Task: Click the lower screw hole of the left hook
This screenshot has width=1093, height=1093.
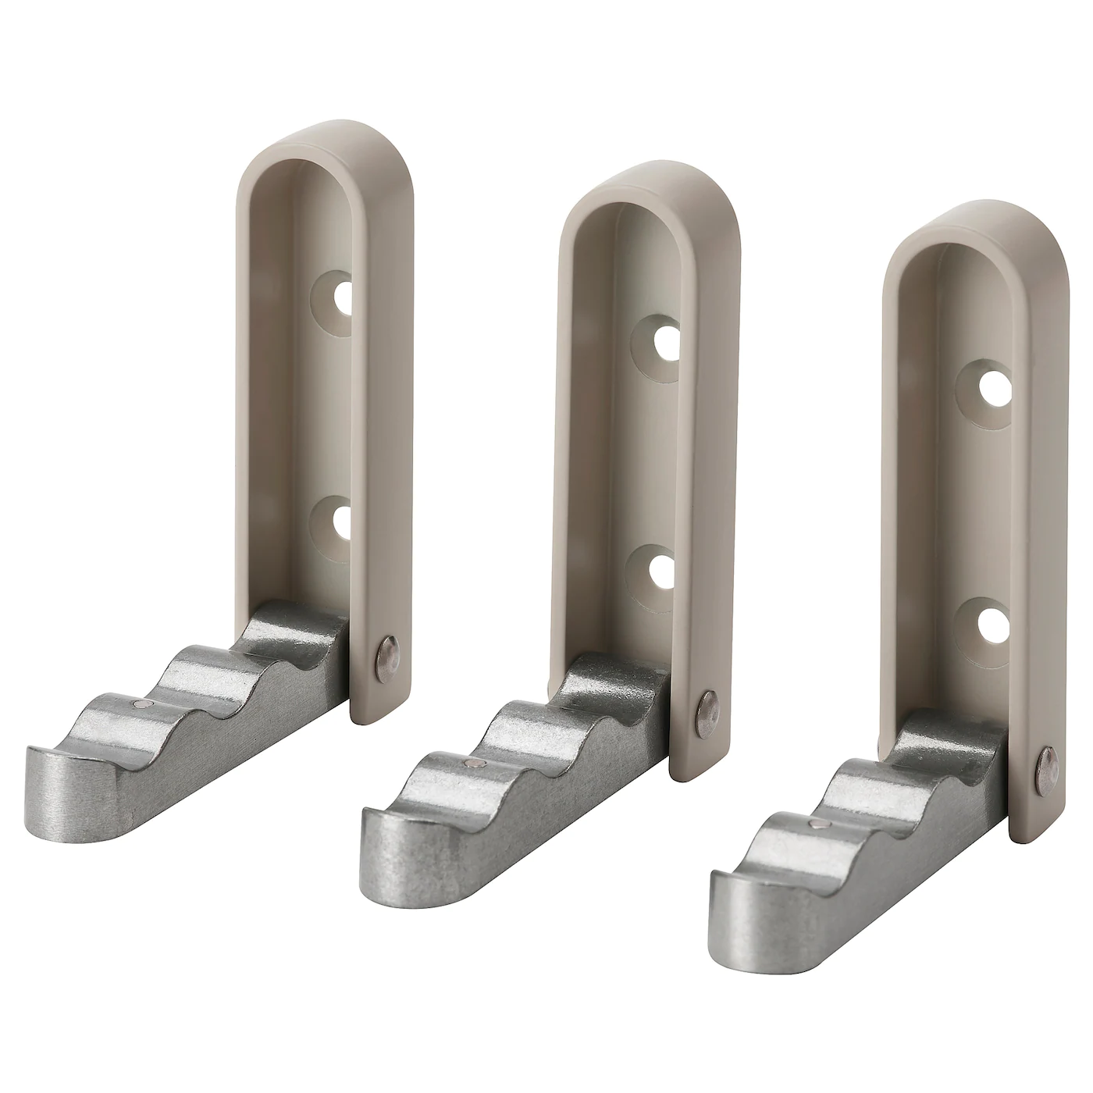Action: tap(341, 521)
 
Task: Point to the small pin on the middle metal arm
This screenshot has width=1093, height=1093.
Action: tap(471, 764)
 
